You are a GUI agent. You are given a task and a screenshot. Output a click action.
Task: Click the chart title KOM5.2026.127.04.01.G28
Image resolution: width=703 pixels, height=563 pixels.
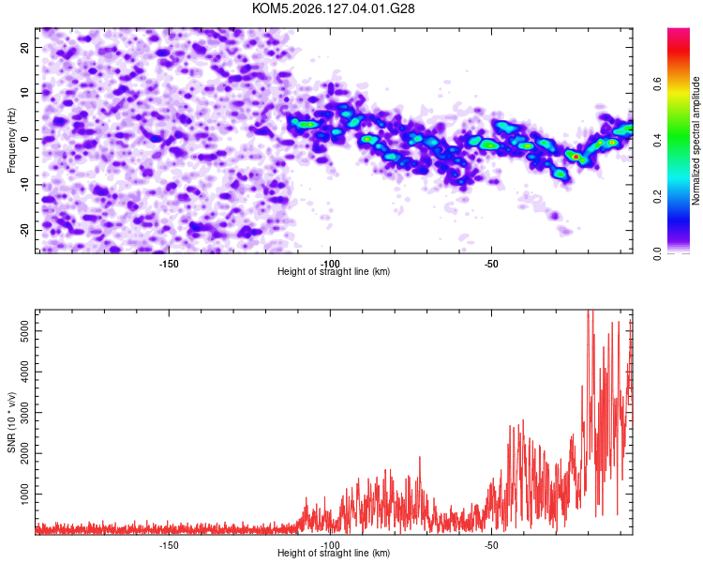click(x=333, y=8)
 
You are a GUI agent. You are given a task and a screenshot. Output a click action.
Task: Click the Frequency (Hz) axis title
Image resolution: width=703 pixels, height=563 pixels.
click(x=11, y=141)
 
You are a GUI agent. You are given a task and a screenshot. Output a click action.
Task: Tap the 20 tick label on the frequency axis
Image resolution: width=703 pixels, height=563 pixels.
click(x=25, y=47)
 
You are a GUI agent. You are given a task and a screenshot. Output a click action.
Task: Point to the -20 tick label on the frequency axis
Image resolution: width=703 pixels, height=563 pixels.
click(x=25, y=231)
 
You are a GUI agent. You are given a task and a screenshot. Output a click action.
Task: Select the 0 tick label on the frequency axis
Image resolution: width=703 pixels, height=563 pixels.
click(x=25, y=139)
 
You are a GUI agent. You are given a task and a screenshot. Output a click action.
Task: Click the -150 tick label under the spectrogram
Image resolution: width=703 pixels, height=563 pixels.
click(x=169, y=264)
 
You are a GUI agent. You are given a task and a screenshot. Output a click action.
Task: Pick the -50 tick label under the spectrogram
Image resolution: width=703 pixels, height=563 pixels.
click(x=491, y=264)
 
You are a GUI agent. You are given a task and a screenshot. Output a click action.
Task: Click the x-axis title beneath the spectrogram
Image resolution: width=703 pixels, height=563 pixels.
click(x=334, y=271)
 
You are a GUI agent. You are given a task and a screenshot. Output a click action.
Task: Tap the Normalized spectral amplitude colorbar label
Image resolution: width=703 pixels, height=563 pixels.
click(x=696, y=141)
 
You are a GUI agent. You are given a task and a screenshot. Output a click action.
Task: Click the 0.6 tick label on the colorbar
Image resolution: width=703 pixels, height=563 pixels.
click(x=657, y=84)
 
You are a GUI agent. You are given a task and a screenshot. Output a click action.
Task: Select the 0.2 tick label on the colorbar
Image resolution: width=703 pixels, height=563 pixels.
click(x=657, y=197)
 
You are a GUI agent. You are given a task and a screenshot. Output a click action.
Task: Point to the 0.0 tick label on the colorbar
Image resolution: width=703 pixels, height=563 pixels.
click(x=657, y=253)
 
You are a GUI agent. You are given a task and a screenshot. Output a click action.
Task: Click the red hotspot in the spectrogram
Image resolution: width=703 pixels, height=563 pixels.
click(x=576, y=157)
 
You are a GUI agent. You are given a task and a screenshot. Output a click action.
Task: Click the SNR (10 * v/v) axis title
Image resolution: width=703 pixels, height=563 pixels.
click(x=11, y=422)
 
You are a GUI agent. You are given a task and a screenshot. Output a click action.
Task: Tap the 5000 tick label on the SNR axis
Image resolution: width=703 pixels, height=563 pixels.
click(x=25, y=331)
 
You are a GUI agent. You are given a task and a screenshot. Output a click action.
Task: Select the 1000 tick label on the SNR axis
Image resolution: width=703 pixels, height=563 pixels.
click(x=25, y=495)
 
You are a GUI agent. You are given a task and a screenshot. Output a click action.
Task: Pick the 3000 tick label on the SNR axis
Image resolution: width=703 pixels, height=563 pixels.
click(x=25, y=413)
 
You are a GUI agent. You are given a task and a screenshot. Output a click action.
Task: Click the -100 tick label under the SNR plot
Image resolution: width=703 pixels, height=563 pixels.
click(x=330, y=545)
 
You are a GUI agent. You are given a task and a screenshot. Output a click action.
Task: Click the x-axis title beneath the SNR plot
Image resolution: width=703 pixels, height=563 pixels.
click(x=334, y=553)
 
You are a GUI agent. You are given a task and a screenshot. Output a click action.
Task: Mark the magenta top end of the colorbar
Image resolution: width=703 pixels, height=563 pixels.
click(x=679, y=30)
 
